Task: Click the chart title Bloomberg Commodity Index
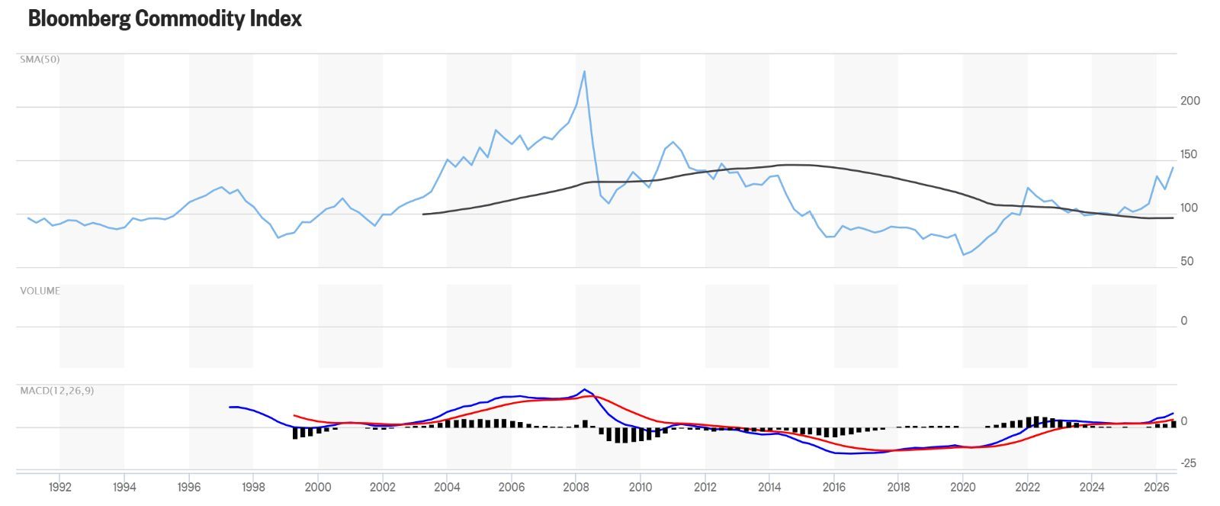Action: pyautogui.click(x=165, y=18)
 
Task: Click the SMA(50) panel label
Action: pyautogui.click(x=40, y=60)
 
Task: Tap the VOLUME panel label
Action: pyautogui.click(x=40, y=291)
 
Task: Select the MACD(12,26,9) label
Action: pyautogui.click(x=56, y=391)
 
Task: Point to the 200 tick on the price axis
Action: pyautogui.click(x=1190, y=101)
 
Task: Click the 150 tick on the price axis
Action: pyautogui.click(x=1189, y=154)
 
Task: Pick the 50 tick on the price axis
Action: pyautogui.click(x=1187, y=261)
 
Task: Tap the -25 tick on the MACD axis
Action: pyautogui.click(x=1189, y=463)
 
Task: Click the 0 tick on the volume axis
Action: pyautogui.click(x=1184, y=321)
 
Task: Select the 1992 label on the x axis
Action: pyautogui.click(x=60, y=487)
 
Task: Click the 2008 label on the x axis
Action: pyautogui.click(x=576, y=487)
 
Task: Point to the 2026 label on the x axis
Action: pyautogui.click(x=1157, y=487)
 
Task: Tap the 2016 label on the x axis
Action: pyautogui.click(x=834, y=487)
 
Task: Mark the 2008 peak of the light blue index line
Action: pyautogui.click(x=584, y=71)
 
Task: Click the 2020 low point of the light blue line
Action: pyautogui.click(x=964, y=255)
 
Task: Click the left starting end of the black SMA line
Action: pyautogui.click(x=423, y=214)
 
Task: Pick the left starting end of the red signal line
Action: pyautogui.click(x=294, y=415)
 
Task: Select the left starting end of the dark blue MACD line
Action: pyautogui.click(x=230, y=408)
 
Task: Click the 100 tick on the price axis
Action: pyautogui.click(x=1189, y=208)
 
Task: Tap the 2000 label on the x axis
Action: pyautogui.click(x=318, y=487)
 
